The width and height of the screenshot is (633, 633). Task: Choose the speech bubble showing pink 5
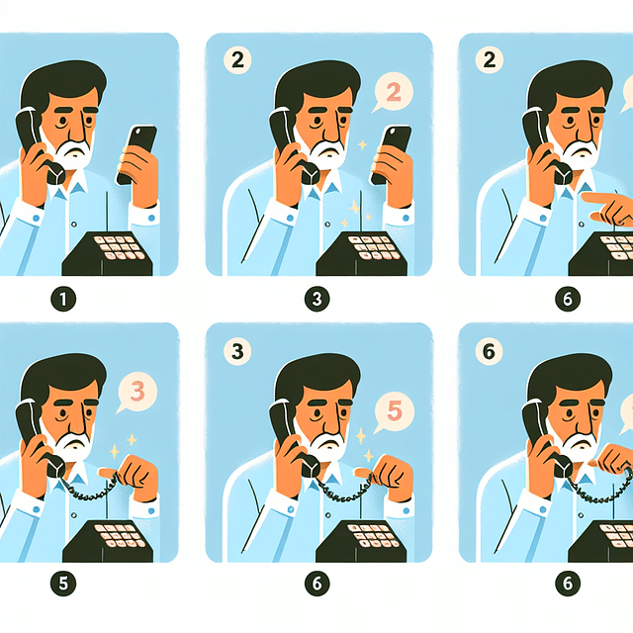pyautogui.click(x=390, y=408)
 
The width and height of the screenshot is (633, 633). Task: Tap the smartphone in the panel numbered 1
pyautogui.click(x=136, y=153)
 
